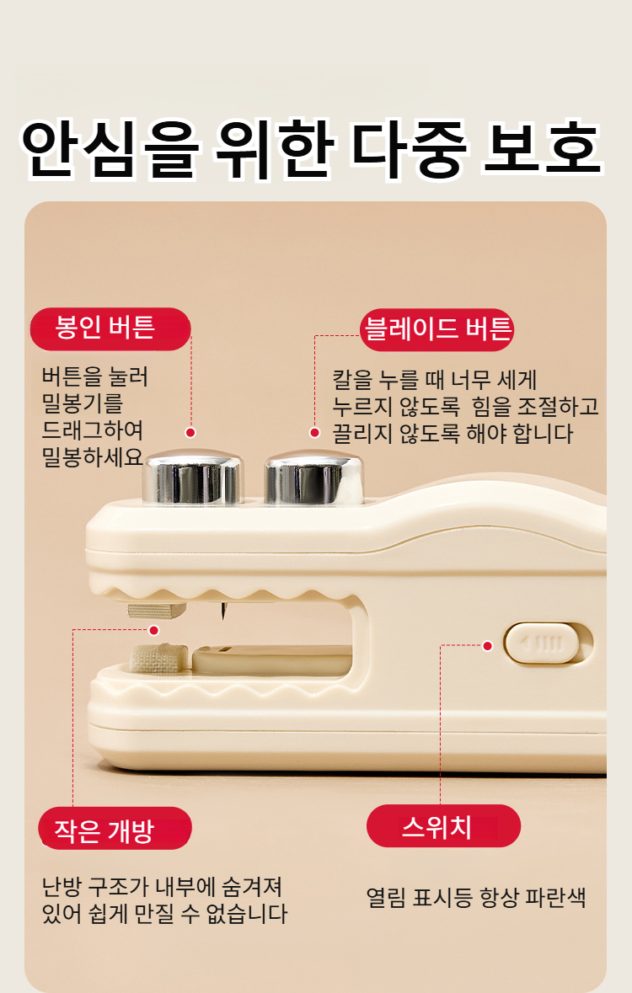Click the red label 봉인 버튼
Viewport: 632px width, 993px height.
tap(110, 328)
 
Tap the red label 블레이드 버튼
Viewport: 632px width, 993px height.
tap(437, 329)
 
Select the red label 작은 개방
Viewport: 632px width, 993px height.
tap(115, 829)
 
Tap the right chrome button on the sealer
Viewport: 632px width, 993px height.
tap(313, 478)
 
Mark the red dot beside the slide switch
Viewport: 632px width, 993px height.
tap(487, 646)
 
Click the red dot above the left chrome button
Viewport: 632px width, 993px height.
tap(190, 432)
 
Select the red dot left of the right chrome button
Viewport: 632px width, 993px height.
tap(314, 432)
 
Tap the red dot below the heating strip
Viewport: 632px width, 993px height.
tap(153, 630)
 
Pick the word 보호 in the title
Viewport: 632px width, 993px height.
tap(541, 152)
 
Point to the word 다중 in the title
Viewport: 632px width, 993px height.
tap(409, 152)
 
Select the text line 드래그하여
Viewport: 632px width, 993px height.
tap(93, 430)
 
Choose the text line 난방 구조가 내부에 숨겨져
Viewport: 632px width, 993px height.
tap(162, 887)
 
